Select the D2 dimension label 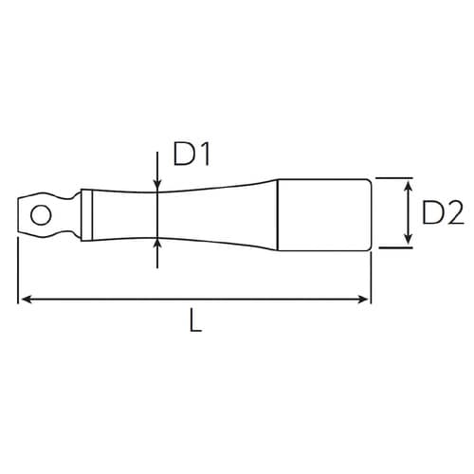coord(441,214)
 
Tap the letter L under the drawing coord(195,321)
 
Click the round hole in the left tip coord(41,214)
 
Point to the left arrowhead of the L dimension coord(26,300)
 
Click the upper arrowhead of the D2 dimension coord(407,184)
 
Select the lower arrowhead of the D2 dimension coord(407,242)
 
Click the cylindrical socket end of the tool coord(322,213)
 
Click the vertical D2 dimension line coord(407,213)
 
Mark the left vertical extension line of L coord(18,275)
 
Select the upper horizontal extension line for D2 coord(393,177)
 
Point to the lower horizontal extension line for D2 coord(393,248)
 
